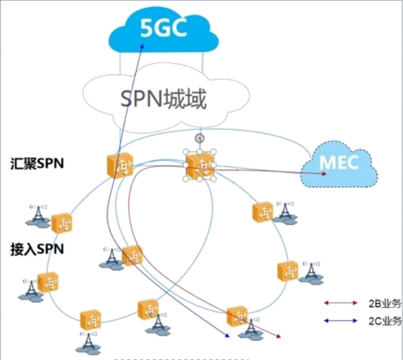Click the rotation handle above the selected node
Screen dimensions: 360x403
(200, 137)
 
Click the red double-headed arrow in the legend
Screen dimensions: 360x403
(342, 303)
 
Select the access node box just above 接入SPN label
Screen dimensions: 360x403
(62, 222)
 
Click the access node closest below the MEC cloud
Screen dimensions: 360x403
(262, 212)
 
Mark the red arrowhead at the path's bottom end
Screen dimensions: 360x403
(279, 333)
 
